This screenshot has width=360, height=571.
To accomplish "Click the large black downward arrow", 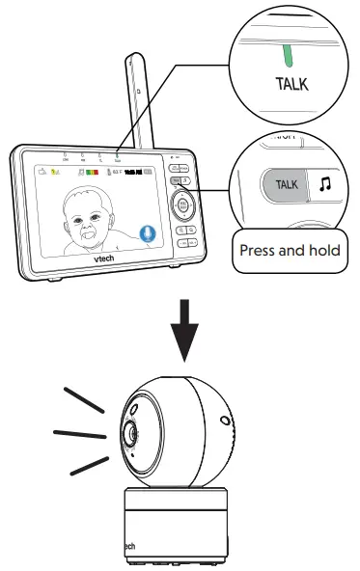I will coord(198,336).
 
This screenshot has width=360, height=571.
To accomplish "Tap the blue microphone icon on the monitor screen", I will coord(147,232).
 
